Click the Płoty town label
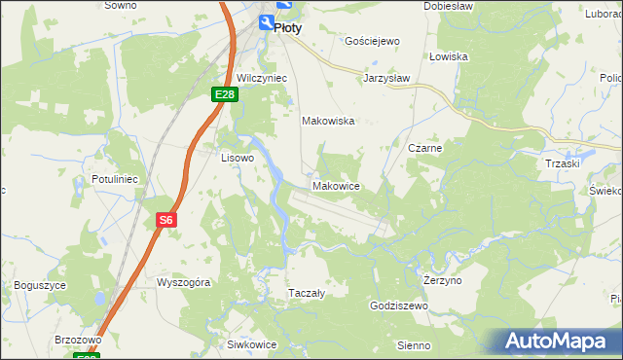(x=287, y=28)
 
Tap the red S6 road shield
(x=166, y=221)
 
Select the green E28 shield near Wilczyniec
(x=225, y=93)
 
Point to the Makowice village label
(x=337, y=185)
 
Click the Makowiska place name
(x=327, y=122)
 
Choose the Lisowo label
(x=238, y=157)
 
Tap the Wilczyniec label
(x=259, y=77)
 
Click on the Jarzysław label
(x=386, y=77)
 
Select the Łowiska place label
(x=449, y=56)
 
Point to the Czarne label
(x=425, y=148)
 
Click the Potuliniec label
(x=117, y=180)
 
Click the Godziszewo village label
(x=399, y=306)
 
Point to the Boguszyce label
(x=40, y=285)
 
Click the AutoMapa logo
(x=556, y=342)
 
